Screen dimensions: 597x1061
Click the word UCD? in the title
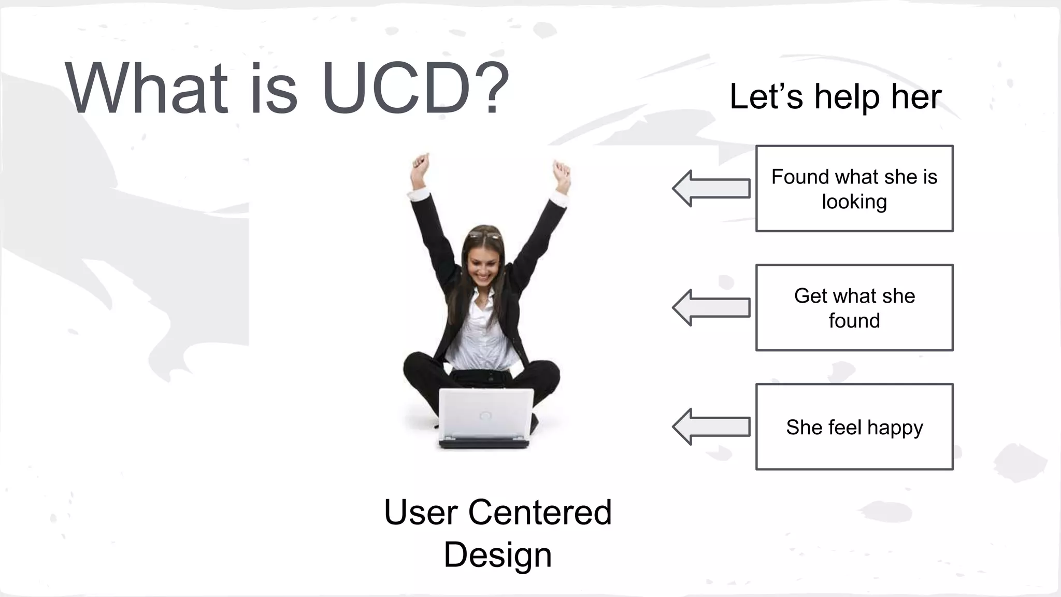pyautogui.click(x=414, y=88)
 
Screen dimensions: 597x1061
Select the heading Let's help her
pyautogui.click(x=835, y=97)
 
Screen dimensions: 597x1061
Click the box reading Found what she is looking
pyautogui.click(x=854, y=189)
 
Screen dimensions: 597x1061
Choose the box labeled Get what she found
pyautogui.click(x=854, y=308)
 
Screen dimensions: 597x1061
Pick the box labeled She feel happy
pyautogui.click(x=854, y=427)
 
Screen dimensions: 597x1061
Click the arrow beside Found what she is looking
pyautogui.click(x=711, y=189)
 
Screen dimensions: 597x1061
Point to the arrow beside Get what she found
pyautogui.click(x=711, y=308)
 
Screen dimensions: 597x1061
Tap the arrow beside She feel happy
pyautogui.click(x=711, y=427)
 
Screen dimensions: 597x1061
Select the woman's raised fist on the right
pyautogui.click(x=562, y=171)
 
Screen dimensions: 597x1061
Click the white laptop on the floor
pyautogui.click(x=485, y=417)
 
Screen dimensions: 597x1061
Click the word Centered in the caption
pyautogui.click(x=540, y=512)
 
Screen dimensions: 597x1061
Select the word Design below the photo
pyautogui.click(x=497, y=555)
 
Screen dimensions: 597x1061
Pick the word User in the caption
pyautogui.click(x=421, y=512)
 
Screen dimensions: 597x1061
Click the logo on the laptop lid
pyautogui.click(x=485, y=415)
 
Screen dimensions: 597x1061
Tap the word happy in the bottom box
pyautogui.click(x=895, y=428)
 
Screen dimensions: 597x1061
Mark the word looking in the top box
pyautogui.click(x=854, y=202)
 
